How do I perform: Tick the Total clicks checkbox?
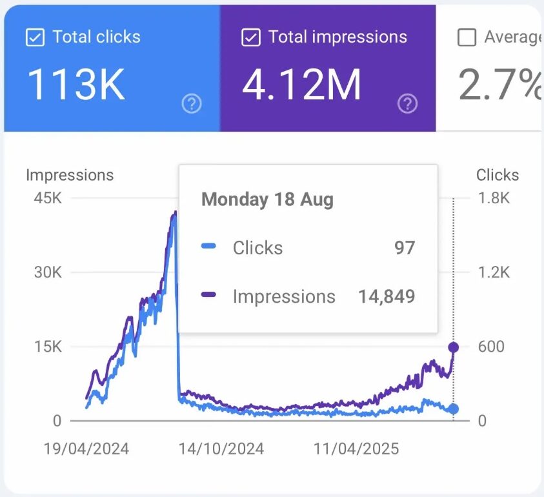coord(34,38)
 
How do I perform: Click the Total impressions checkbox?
coord(250,38)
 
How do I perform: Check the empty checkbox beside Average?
coord(467,38)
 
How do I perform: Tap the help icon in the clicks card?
coord(192,103)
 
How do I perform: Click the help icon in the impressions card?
coord(408,103)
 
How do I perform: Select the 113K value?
coord(76,85)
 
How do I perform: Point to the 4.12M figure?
coord(301,85)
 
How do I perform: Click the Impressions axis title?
coord(70,175)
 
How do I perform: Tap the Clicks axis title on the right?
coord(497,175)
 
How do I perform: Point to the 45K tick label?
coord(48,198)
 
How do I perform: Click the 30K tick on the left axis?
coord(48,272)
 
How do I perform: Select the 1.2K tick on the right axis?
coord(493,272)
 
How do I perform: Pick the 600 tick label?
coord(491,347)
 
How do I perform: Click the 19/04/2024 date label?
coord(87,449)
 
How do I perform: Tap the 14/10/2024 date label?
coord(221,449)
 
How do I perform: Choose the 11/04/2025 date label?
coord(356,449)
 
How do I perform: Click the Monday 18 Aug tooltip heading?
coord(267,199)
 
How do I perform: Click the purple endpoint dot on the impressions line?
coord(454,348)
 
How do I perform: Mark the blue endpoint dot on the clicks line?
coord(454,409)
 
